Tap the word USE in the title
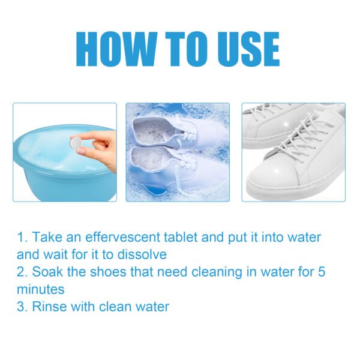pyautogui.click(x=243, y=49)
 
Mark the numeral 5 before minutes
pyautogui.click(x=322, y=272)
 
